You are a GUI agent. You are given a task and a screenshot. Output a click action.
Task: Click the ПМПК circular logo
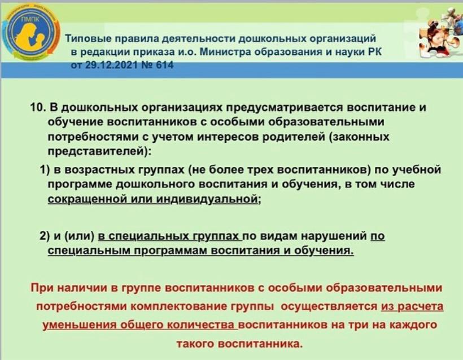(30, 33)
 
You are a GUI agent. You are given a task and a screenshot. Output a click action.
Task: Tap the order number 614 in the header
(164, 65)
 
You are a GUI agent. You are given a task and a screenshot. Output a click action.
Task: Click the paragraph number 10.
(38, 107)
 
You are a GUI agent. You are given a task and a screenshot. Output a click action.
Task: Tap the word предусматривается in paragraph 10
(285, 108)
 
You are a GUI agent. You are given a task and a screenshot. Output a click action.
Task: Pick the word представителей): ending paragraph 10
(99, 152)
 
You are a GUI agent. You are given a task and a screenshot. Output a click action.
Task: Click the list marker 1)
(45, 170)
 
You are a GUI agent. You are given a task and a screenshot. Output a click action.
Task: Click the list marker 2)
(45, 236)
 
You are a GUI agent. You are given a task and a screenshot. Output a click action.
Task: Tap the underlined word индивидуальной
(207, 200)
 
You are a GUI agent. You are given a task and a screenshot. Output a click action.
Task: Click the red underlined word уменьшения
(79, 325)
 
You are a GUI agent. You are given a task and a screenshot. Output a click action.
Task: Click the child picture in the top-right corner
(440, 31)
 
